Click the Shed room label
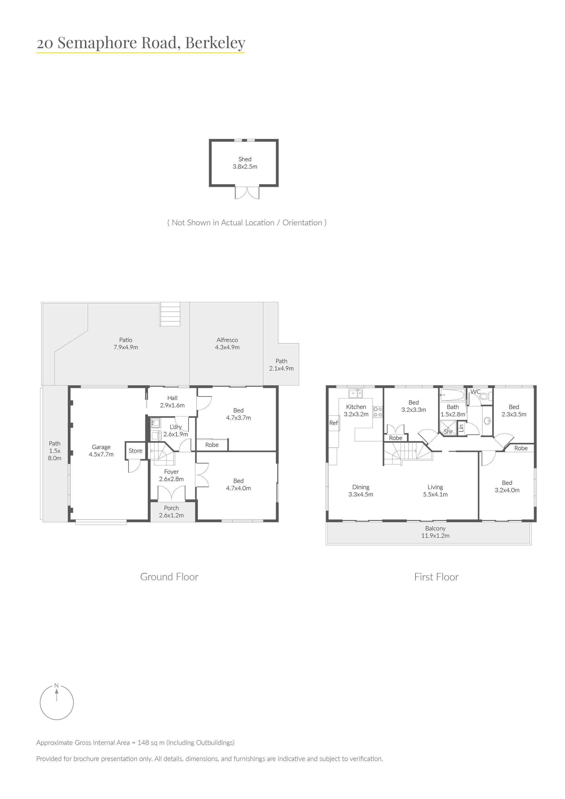(x=245, y=163)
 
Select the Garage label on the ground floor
(x=101, y=451)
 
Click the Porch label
(x=172, y=512)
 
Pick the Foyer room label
(x=172, y=475)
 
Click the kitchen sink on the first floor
(x=355, y=393)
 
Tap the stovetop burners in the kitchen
(x=378, y=412)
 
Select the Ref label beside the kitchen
(x=333, y=423)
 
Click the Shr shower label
(x=448, y=431)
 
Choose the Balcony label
(x=435, y=532)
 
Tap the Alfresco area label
(x=227, y=343)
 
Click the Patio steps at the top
(x=170, y=314)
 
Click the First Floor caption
(x=436, y=577)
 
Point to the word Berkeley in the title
(x=215, y=43)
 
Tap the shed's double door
(x=247, y=193)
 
